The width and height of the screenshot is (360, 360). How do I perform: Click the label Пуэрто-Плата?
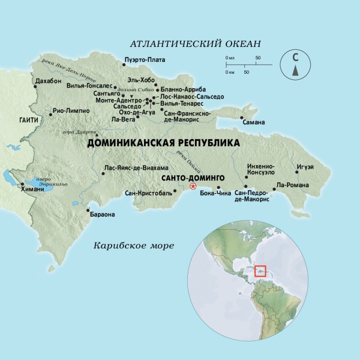pos(144,59)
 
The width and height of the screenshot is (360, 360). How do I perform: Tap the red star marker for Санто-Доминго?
pos(193,186)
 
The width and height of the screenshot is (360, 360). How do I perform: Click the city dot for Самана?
pos(242,118)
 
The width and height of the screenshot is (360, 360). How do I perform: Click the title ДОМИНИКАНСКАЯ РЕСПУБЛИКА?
pos(163,143)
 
